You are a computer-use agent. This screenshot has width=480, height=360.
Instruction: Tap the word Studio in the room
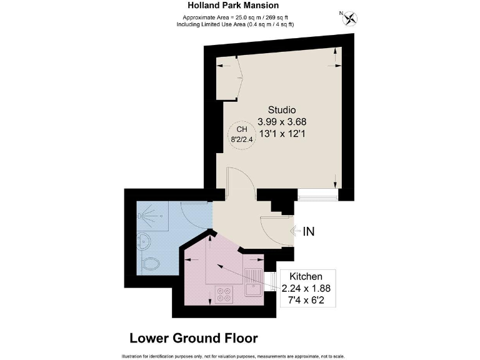coord(282,110)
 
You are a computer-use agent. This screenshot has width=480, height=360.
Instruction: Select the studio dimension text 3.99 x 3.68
coord(282,122)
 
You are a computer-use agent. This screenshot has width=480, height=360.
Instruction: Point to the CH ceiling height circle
coord(241,134)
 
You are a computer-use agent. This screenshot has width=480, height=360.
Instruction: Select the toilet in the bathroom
coord(150,265)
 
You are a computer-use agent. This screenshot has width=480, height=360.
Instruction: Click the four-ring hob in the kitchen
coord(224,294)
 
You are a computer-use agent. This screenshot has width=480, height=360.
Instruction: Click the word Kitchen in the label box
coord(305,276)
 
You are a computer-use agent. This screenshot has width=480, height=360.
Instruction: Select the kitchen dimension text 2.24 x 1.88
coord(305,288)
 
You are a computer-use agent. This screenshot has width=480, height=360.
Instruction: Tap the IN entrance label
coord(308,231)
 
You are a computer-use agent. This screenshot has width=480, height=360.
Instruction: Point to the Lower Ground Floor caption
coord(193,338)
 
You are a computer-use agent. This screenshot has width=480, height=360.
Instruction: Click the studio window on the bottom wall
coord(318,196)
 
